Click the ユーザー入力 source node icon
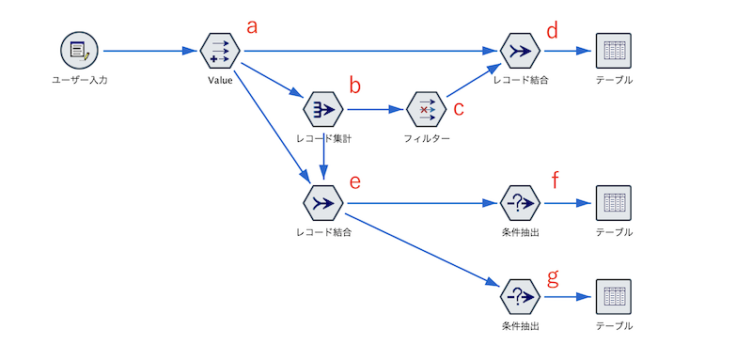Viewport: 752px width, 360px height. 79,50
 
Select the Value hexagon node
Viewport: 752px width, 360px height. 220,50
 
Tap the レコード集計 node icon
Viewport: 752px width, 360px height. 322,109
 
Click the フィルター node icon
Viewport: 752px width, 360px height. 426,109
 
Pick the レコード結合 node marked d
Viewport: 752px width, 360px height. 520,50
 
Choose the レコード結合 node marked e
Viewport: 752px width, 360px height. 322,202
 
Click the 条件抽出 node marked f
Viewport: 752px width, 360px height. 520,202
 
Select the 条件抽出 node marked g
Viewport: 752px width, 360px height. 520,296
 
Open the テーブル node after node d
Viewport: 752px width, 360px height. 613,50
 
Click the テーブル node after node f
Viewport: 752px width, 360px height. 613,202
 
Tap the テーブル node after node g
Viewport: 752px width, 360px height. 613,296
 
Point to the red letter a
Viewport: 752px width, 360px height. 251,26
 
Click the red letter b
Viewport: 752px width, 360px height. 355,86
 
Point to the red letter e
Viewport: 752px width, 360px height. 354,180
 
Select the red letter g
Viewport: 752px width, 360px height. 553,276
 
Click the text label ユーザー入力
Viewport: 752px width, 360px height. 79,80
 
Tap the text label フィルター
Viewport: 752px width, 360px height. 426,139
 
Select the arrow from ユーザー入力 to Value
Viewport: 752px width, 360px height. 150,50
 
